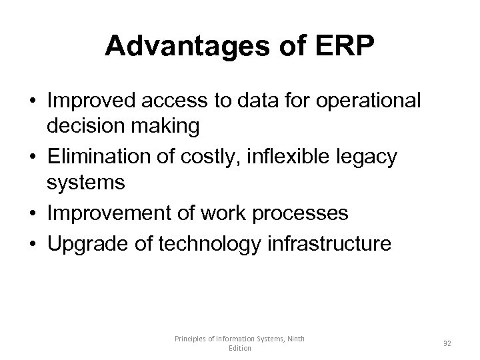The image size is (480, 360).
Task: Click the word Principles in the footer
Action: click(x=190, y=339)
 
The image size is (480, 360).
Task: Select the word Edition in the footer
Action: click(x=239, y=348)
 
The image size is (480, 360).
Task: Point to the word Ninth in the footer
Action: click(x=294, y=339)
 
